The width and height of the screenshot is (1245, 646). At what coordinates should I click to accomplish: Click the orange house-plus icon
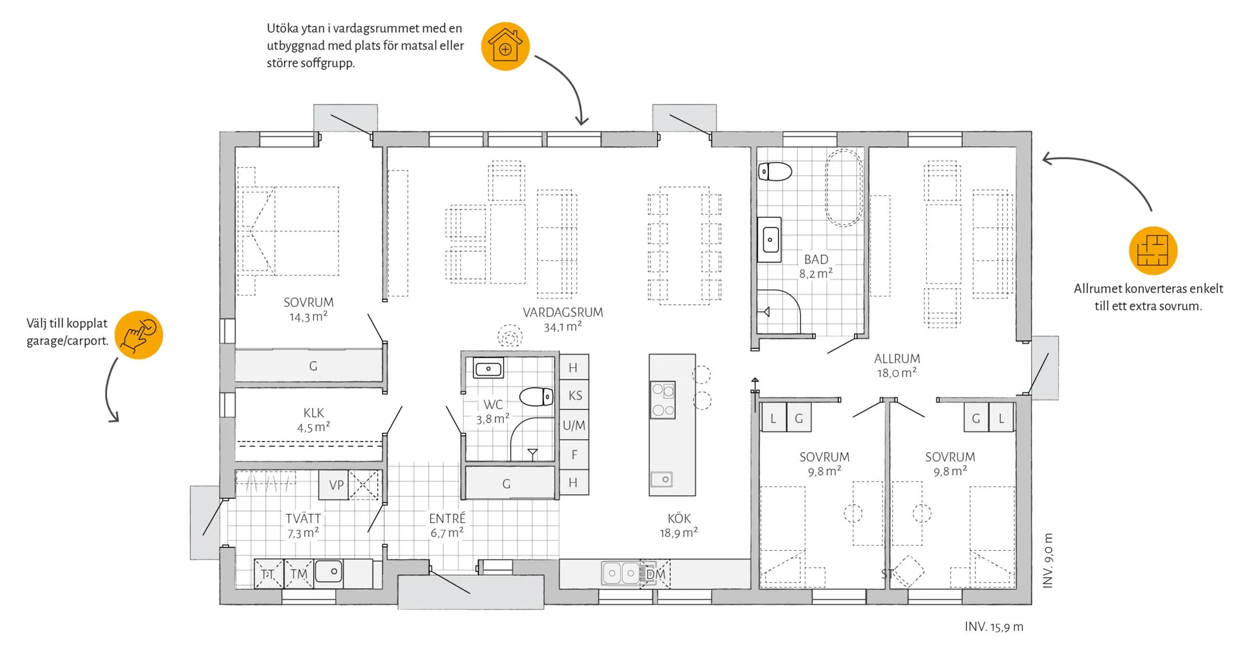505,46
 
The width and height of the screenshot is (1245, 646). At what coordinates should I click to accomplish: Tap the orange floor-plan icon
1153,250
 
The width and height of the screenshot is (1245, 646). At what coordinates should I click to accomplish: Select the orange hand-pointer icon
139,335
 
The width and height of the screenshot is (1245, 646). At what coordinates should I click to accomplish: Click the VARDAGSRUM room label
563,313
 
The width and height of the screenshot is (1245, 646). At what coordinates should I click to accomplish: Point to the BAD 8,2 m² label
816,266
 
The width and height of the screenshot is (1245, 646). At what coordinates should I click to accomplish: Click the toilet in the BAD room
776,172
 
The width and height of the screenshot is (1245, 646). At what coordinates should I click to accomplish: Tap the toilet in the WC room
536,396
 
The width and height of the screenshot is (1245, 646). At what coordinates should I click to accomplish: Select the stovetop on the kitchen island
663,400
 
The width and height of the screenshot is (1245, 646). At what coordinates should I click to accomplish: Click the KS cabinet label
575,396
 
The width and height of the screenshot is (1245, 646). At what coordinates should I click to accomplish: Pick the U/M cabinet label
574,425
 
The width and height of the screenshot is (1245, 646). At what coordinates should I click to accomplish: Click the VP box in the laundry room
335,485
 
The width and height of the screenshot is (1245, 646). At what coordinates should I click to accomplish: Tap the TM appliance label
299,574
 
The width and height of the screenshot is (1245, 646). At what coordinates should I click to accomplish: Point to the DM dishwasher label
656,574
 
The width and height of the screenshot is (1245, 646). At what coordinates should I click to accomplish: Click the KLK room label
314,413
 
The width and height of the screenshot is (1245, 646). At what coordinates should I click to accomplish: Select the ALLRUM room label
897,359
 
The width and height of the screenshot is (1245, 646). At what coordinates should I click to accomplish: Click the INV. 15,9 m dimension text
994,627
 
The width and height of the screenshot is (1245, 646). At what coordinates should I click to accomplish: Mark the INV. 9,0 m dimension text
1048,561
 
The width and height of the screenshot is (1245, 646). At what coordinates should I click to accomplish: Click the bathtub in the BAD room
844,187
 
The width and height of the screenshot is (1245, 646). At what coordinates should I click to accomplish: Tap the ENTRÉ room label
447,518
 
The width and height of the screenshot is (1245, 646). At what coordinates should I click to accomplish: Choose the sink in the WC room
488,369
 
